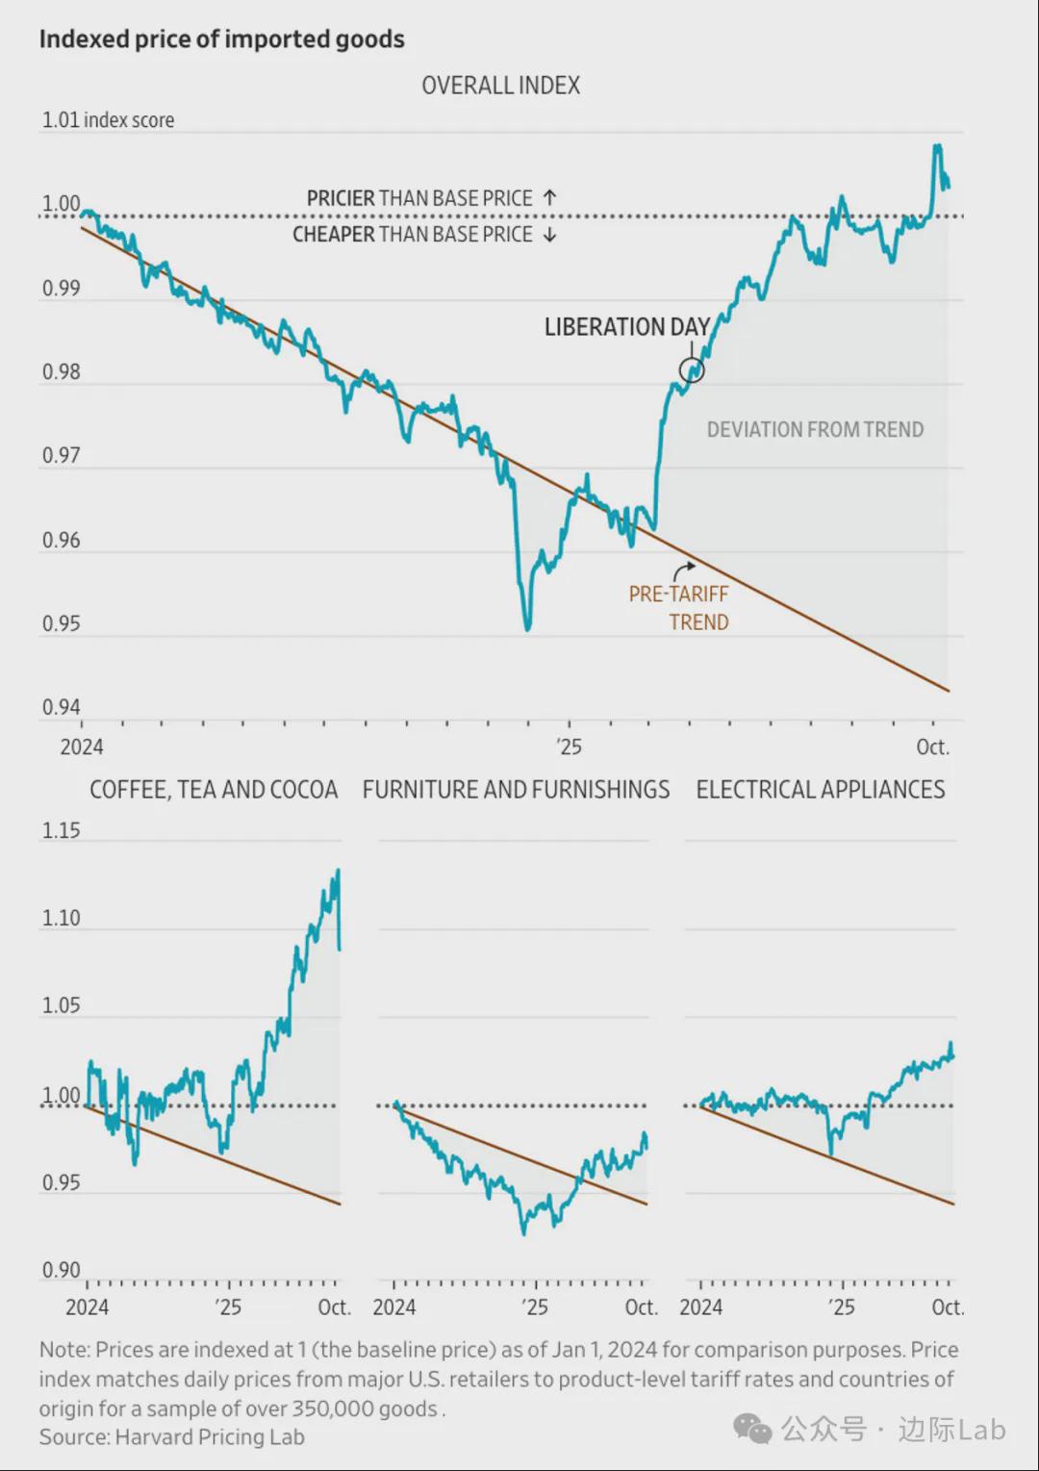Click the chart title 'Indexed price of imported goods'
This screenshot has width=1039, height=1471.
pyautogui.click(x=221, y=39)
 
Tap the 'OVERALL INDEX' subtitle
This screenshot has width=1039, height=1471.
pyautogui.click(x=500, y=86)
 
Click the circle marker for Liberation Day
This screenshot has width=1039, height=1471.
pyautogui.click(x=692, y=369)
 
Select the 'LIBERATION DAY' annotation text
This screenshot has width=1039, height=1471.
pyautogui.click(x=626, y=327)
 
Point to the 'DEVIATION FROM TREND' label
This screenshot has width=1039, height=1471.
pyautogui.click(x=815, y=430)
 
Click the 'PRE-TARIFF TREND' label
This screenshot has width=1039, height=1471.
pyautogui.click(x=679, y=608)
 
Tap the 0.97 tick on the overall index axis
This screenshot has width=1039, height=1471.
pyautogui.click(x=61, y=455)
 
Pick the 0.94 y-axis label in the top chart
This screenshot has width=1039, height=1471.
pyautogui.click(x=61, y=707)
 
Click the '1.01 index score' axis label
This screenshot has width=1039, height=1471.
pyautogui.click(x=108, y=120)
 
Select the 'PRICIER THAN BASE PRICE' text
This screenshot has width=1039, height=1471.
pyautogui.click(x=419, y=198)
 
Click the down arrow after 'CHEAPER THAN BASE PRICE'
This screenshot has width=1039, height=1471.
pyautogui.click(x=549, y=235)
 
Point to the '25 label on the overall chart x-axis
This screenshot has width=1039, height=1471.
pyautogui.click(x=569, y=747)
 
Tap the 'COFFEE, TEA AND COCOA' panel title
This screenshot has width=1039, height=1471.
pyautogui.click(x=214, y=790)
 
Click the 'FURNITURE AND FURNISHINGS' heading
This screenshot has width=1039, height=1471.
pyautogui.click(x=516, y=790)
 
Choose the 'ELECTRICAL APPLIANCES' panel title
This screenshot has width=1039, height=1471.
pyautogui.click(x=821, y=790)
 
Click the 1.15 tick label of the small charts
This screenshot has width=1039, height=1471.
pyautogui.click(x=61, y=830)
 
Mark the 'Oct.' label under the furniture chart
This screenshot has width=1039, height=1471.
pyautogui.click(x=641, y=1307)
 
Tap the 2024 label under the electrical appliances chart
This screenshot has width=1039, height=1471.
pyautogui.click(x=700, y=1307)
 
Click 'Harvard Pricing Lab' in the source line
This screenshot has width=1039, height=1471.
pyautogui.click(x=210, y=1437)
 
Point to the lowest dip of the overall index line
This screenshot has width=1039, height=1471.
pyautogui.click(x=528, y=629)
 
